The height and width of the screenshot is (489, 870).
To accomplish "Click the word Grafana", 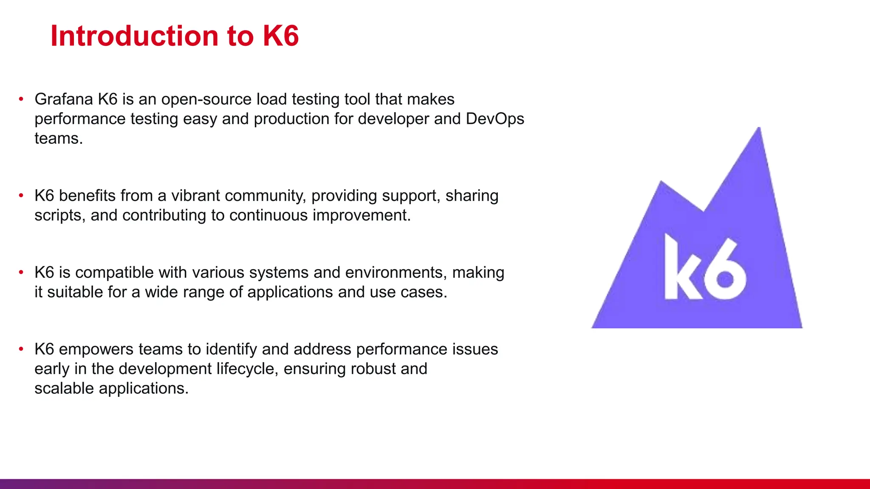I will pos(64,99).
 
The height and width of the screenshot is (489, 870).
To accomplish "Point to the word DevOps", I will pos(495,119).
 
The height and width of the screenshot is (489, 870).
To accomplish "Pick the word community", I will pos(265,196).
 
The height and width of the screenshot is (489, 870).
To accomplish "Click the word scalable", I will pos(64,388).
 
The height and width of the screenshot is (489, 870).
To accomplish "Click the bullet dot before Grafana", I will pos(21,99).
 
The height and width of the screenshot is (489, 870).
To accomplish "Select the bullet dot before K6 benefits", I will pos(21,196).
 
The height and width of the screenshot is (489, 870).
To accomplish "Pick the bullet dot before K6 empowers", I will pos(21,349).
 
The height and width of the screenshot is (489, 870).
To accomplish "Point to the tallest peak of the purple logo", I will pos(759,129).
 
